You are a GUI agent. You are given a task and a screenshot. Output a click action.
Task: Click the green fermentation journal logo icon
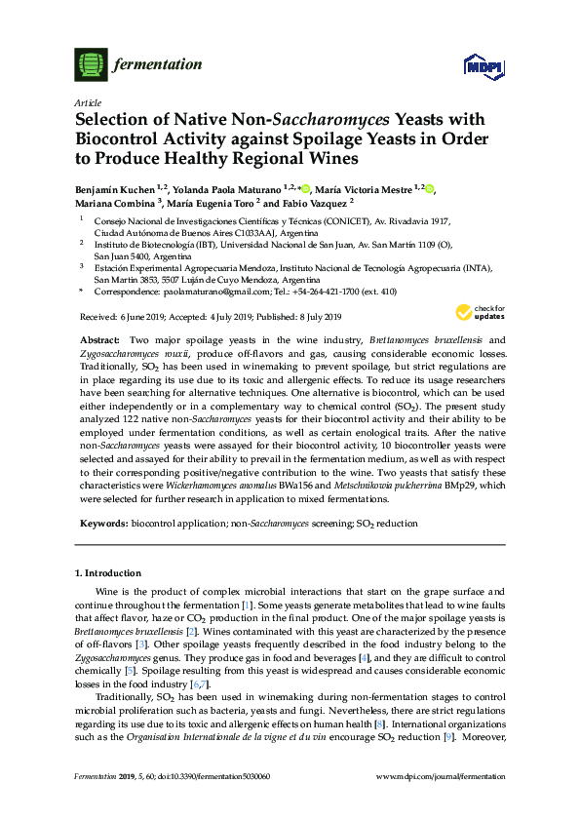[90, 64]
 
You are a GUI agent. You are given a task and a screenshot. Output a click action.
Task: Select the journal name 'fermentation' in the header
[159, 64]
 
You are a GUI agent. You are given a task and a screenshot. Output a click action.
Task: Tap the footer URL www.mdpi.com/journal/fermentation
[441, 802]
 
